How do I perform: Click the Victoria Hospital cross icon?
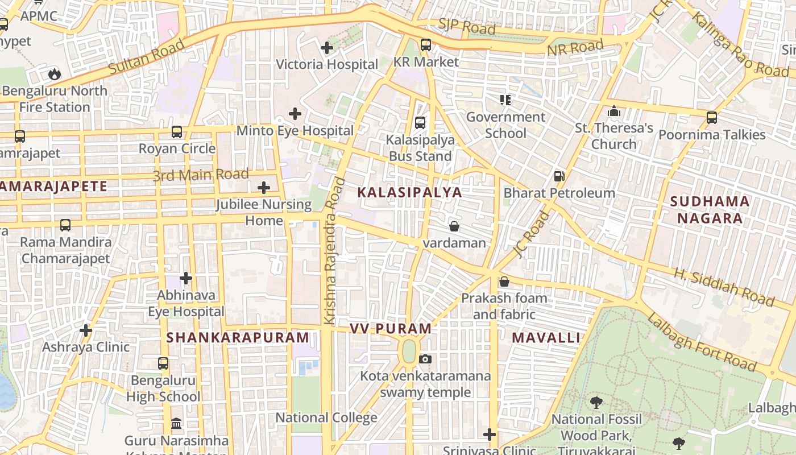tap(327, 48)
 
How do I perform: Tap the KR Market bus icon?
tap(425, 44)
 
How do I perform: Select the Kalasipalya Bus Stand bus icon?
tap(420, 122)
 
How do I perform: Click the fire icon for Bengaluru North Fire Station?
tap(54, 74)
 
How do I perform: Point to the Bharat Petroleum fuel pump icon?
tap(559, 176)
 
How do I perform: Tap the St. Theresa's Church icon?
tap(613, 111)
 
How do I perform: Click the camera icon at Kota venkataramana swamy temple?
tap(425, 359)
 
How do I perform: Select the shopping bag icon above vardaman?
tap(454, 226)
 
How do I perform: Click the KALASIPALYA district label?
tap(409, 192)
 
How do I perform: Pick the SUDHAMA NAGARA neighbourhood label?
tap(710, 209)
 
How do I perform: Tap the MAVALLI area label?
tap(546, 337)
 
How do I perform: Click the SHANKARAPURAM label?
tap(238, 337)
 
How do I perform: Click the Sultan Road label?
tap(147, 56)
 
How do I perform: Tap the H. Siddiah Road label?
tap(724, 287)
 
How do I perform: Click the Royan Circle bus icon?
tap(177, 132)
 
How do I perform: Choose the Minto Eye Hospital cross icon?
tap(295, 114)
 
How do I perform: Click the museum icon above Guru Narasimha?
tap(176, 424)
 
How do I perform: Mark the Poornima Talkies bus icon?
tap(711, 118)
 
